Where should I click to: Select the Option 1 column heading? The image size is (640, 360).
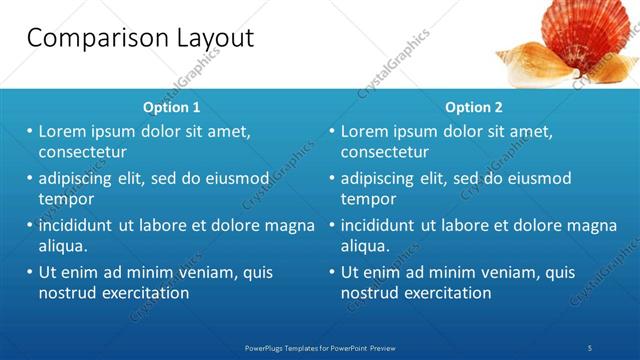pyautogui.click(x=171, y=107)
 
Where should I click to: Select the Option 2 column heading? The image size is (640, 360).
pyautogui.click(x=474, y=107)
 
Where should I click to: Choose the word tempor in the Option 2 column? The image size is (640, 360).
pyautogui.click(x=368, y=199)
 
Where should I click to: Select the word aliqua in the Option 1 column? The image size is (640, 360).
pyautogui.click(x=62, y=246)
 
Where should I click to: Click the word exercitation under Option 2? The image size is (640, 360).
pyautogui.click(x=441, y=293)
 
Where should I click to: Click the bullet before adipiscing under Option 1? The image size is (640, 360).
pyautogui.click(x=30, y=178)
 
